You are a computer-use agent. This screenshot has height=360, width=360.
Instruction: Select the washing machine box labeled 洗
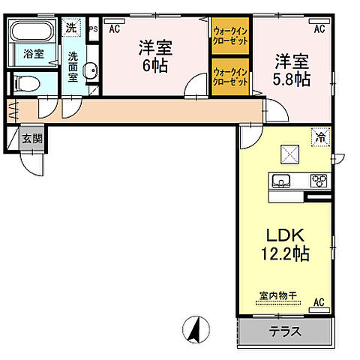pyautogui.click(x=70, y=28)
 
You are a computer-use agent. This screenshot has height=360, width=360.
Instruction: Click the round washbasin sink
pyautogui.click(x=90, y=73)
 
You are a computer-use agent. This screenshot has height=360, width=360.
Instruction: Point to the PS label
pyautogui.click(x=94, y=30)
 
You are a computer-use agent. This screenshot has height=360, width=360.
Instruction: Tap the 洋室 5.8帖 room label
pyautogui.click(x=289, y=67)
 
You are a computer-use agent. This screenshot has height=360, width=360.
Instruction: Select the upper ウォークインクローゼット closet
pyautogui.click(x=230, y=36)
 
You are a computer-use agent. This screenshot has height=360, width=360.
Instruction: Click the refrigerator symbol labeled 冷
pyautogui.click(x=320, y=137)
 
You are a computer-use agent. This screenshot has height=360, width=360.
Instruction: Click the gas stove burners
pyautogui.click(x=318, y=181)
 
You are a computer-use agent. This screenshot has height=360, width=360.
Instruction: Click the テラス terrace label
pyautogui.click(x=284, y=331)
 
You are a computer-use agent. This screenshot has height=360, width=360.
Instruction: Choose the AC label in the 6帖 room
pyautogui.click(x=115, y=30)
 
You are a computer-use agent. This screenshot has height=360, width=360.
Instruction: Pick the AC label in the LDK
pyautogui.click(x=319, y=303)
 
